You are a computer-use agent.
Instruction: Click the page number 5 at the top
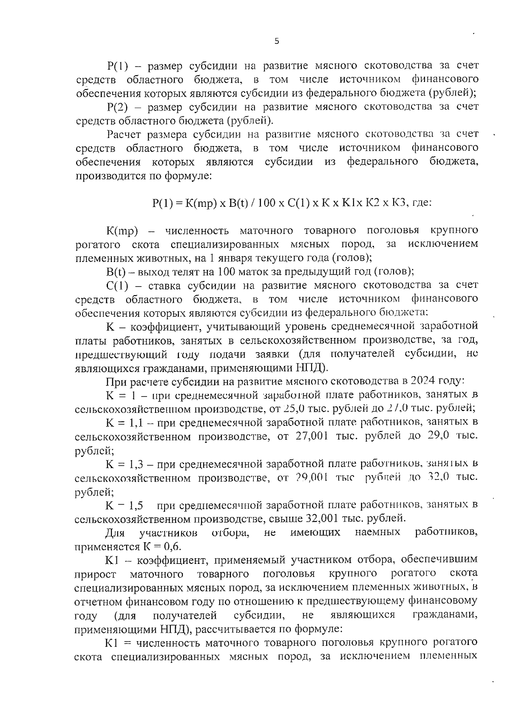277,41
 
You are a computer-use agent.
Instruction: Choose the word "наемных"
377,532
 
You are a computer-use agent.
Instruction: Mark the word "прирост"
95,574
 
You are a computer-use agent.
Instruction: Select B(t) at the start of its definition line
116,271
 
